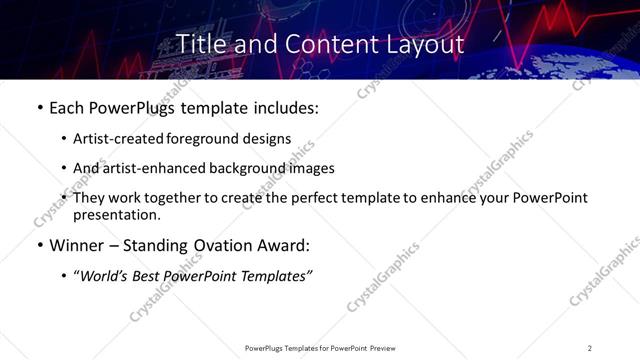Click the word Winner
pos(76,246)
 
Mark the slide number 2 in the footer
pos(590,348)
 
